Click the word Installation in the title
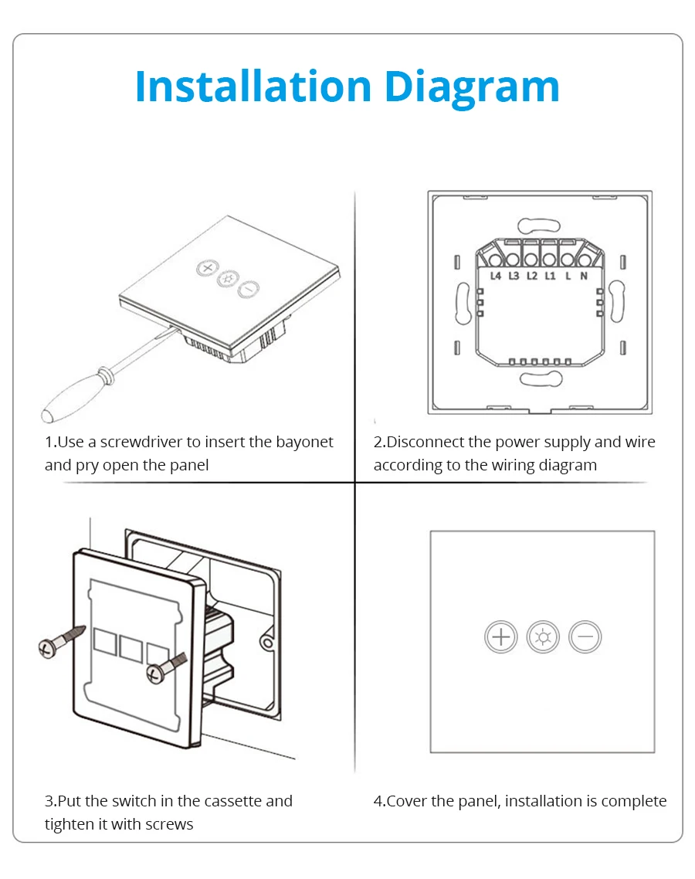(253, 87)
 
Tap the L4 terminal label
(496, 276)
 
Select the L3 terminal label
(514, 276)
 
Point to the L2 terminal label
(532, 276)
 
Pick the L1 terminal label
(550, 276)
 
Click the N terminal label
(584, 276)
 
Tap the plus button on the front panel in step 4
(500, 636)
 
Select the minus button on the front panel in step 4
(585, 636)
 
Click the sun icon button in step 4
(543, 636)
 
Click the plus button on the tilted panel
(208, 268)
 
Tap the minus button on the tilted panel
(249, 289)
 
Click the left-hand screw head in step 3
(47, 649)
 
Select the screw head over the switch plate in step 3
(155, 674)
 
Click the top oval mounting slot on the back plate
(539, 226)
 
